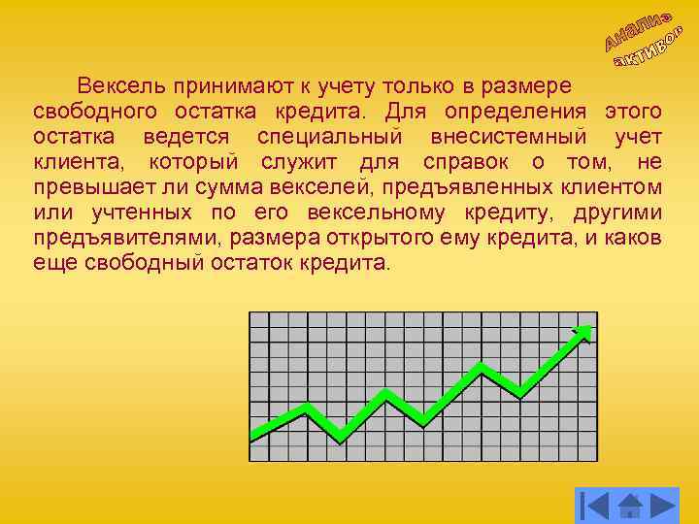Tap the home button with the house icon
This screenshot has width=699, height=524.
click(x=630, y=505)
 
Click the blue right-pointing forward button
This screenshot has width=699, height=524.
click(x=662, y=505)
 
